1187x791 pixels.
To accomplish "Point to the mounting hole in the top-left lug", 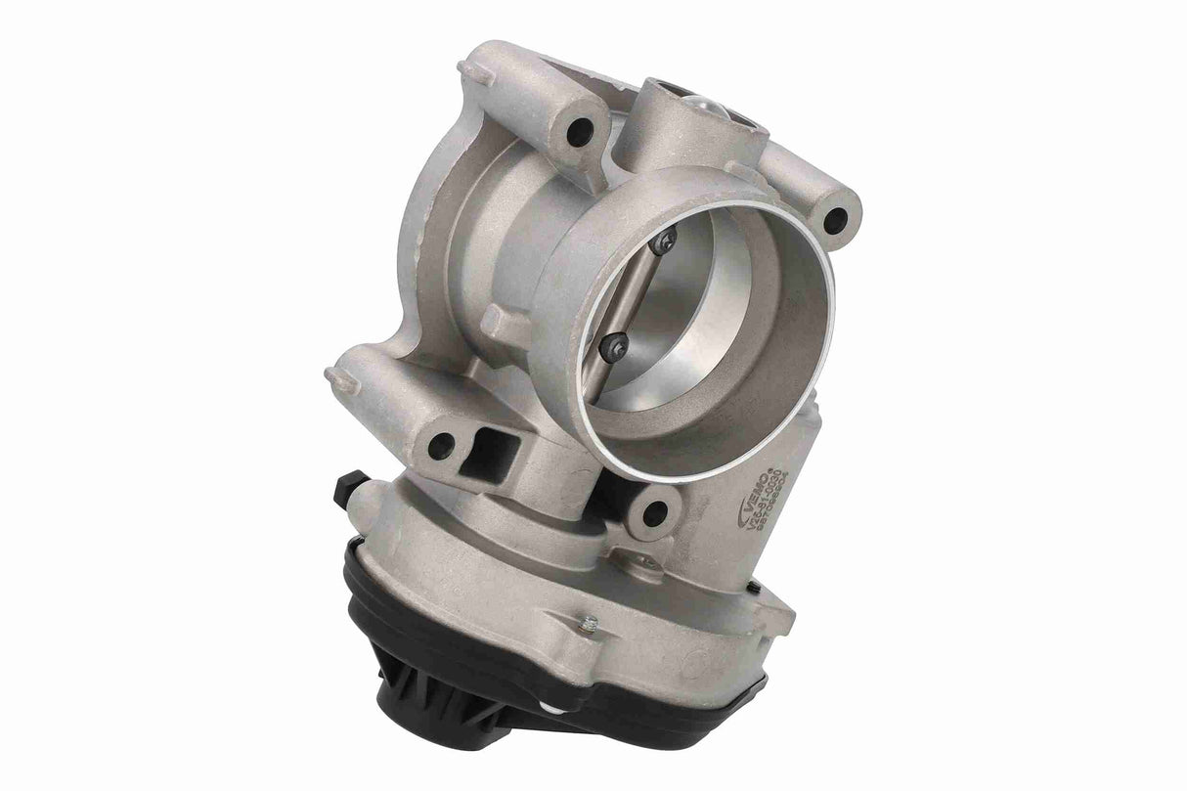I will coord(580,131).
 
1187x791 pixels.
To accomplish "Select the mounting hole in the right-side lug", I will coord(834,220).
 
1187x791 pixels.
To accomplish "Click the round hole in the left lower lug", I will coord(441,446).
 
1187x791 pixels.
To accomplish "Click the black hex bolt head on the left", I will coord(349,488).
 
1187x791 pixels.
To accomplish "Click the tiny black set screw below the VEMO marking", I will coord(754,589).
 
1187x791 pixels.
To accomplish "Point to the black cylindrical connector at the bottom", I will coord(420,713).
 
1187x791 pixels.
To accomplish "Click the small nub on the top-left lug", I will coord(470,70).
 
